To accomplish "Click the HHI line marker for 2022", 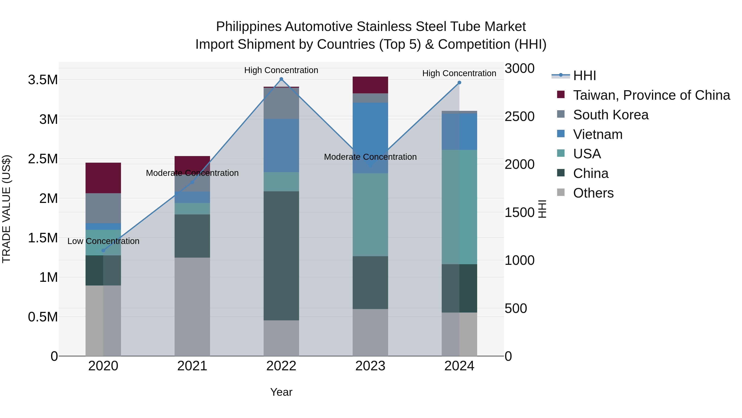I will click(281, 79).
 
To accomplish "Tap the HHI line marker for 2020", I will click(103, 250).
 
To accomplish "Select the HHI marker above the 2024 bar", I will click(459, 83).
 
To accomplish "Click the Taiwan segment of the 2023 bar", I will click(370, 85).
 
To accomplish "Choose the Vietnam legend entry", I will click(598, 134).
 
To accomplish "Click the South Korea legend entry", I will click(611, 115).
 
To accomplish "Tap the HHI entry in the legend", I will click(585, 76).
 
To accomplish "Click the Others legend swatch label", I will click(593, 193).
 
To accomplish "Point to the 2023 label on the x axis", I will click(370, 366).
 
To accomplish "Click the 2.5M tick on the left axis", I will click(43, 159).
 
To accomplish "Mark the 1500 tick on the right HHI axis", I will click(520, 213).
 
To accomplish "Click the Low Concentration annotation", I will click(103, 241).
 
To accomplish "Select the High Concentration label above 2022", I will click(281, 70).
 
